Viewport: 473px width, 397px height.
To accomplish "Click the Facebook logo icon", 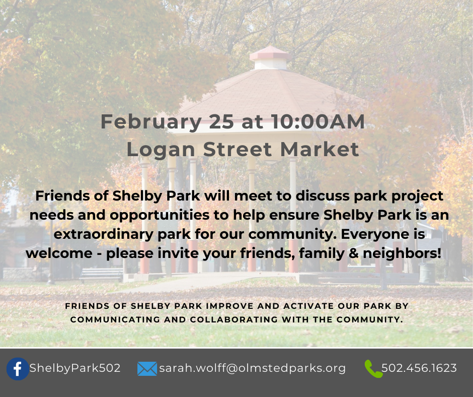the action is (x=18, y=369).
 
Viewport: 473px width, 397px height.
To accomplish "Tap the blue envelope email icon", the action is (x=147, y=369).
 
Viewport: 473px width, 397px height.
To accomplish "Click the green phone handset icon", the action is (x=373, y=369).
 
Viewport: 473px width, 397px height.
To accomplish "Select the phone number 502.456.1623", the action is (x=419, y=368).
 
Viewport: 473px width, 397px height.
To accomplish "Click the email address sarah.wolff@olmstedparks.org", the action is (x=252, y=368).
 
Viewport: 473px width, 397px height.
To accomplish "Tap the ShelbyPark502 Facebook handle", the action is (x=75, y=368).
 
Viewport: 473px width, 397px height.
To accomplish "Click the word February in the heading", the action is (x=151, y=122).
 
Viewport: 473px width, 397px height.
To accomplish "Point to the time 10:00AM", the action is (x=318, y=121).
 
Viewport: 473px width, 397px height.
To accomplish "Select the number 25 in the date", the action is (x=221, y=121).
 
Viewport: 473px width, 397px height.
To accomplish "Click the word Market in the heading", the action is (x=320, y=149).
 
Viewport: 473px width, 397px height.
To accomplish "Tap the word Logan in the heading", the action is (x=161, y=150).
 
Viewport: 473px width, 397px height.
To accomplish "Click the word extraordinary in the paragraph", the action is (x=103, y=235).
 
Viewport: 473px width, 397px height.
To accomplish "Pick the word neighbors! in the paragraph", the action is (x=402, y=253).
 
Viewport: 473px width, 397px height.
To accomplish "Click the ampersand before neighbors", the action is (x=353, y=253).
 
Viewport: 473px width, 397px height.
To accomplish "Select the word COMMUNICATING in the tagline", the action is (x=114, y=319).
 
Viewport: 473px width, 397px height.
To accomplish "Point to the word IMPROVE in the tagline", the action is (x=229, y=306).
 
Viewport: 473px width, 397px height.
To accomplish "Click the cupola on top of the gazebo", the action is (x=270, y=58).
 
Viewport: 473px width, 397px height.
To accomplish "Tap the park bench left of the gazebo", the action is (x=101, y=275).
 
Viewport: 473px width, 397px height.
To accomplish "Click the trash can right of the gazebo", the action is (x=427, y=273).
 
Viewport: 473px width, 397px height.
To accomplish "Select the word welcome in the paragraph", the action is (x=59, y=253).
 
